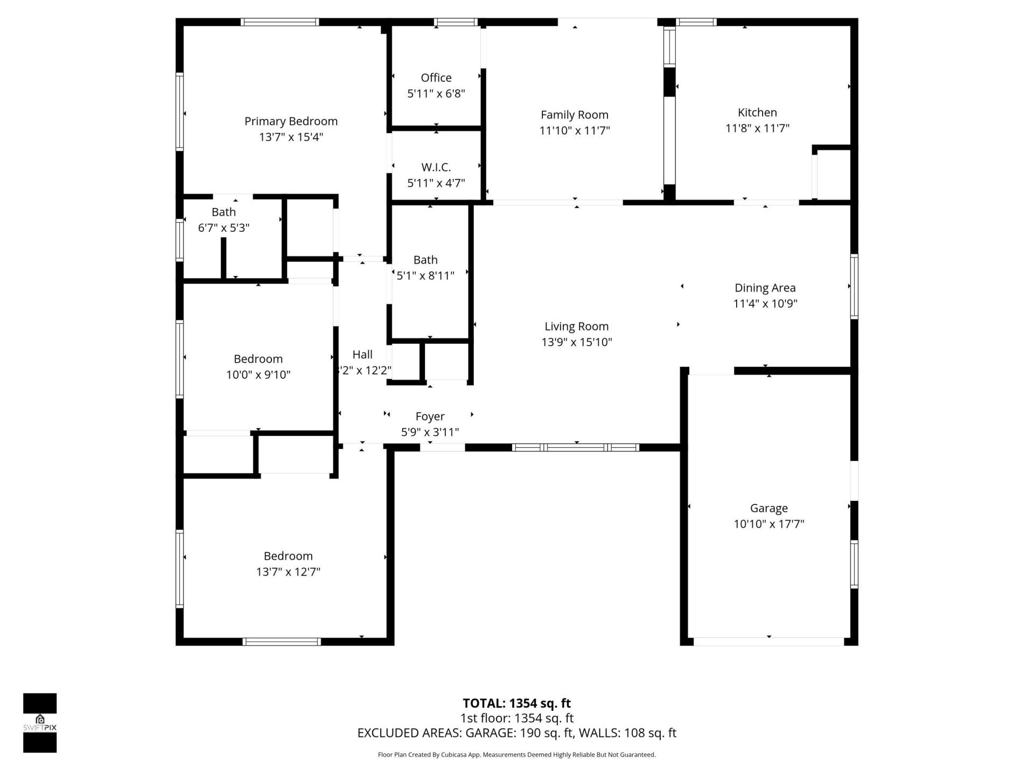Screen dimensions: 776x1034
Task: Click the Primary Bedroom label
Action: (291, 121)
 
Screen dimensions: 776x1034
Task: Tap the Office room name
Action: (436, 78)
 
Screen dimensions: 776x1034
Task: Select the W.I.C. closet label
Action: (436, 167)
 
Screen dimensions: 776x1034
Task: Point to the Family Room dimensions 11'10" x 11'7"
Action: (575, 130)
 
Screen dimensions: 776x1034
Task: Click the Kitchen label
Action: (757, 113)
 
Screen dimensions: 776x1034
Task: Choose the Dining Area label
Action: (765, 288)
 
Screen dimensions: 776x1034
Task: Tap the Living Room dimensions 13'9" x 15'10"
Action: (577, 342)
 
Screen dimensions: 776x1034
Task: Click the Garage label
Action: (768, 508)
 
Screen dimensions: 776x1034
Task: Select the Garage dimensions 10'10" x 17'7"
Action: (768, 524)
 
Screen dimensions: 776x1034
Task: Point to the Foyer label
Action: (430, 417)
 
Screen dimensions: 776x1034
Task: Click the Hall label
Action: (362, 355)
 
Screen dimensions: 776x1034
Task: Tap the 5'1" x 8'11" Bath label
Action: (425, 260)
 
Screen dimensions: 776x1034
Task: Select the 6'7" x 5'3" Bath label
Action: (223, 212)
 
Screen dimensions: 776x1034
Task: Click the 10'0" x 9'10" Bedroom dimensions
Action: (258, 375)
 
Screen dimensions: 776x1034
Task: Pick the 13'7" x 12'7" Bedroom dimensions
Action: (288, 572)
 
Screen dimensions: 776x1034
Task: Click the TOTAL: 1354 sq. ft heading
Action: (516, 703)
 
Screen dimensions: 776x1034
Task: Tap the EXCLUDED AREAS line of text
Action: (516, 733)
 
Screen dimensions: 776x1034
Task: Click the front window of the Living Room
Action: (575, 447)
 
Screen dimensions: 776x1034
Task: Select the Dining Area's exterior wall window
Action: (854, 287)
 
